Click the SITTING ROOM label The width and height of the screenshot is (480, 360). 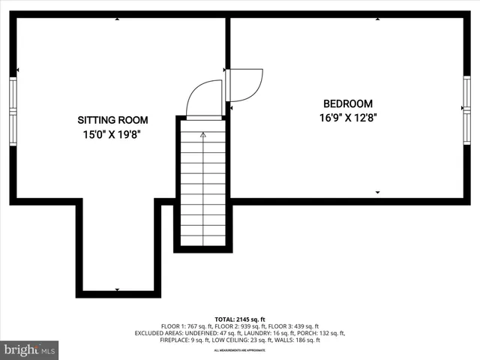click(112, 120)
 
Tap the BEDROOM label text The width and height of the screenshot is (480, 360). click(347, 103)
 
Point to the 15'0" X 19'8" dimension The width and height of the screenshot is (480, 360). click(112, 135)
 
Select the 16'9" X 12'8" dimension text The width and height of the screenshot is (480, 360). click(347, 117)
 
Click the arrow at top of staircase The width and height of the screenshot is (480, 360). click(203, 135)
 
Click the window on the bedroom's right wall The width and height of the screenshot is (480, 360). click(466, 109)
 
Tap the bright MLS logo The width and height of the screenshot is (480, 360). click(30, 349)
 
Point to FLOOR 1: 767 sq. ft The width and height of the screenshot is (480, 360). click(184, 326)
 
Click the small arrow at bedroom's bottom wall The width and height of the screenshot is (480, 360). click(377, 193)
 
